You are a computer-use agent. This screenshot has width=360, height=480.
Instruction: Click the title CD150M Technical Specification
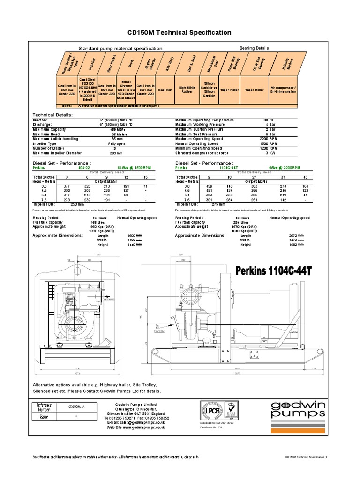[180, 32]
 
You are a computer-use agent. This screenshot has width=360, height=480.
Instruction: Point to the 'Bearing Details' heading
[254, 48]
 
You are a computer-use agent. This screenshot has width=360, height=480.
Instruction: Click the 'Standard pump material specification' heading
[120, 48]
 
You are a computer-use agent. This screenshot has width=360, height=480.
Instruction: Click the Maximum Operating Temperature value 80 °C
[269, 120]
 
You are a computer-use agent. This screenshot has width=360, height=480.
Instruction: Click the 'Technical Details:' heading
[52, 114]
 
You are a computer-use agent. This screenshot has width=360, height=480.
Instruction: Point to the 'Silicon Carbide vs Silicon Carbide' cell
[210, 89]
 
